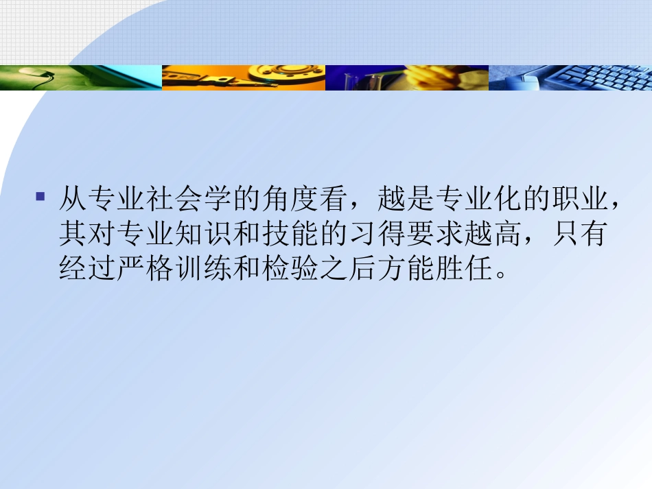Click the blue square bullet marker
click(40, 197)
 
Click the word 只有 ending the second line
click(581, 235)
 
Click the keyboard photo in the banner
click(570, 77)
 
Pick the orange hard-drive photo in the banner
click(244, 77)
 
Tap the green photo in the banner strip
click(81, 77)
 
